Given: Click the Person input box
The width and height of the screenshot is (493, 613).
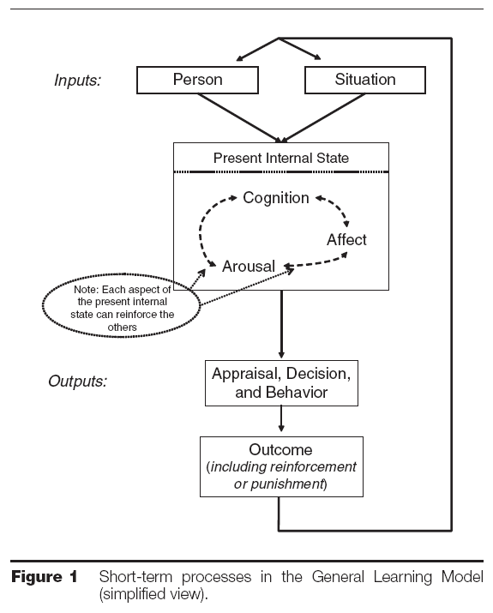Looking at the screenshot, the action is click(x=197, y=80).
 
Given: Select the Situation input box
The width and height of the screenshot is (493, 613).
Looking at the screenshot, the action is click(x=365, y=80).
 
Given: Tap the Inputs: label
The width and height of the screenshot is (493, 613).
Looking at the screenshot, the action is click(x=77, y=80).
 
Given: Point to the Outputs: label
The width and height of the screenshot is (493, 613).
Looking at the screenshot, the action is click(x=77, y=382).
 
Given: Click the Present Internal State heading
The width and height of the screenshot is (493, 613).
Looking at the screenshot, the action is click(x=281, y=158).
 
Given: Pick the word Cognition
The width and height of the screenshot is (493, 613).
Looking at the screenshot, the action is click(x=276, y=198).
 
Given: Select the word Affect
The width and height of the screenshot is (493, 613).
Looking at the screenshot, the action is click(x=346, y=240).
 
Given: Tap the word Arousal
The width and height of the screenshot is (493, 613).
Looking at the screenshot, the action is click(x=249, y=267).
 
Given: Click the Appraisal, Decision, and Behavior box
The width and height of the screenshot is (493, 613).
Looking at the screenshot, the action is click(x=281, y=383).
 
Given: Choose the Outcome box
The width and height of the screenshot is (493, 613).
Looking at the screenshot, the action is click(x=281, y=466).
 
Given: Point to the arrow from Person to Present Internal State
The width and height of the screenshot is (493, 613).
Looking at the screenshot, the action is click(x=239, y=117).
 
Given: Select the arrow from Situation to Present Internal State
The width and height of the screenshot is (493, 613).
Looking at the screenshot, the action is click(x=323, y=117).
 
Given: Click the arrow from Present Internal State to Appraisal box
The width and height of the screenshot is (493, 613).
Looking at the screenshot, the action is click(x=281, y=324).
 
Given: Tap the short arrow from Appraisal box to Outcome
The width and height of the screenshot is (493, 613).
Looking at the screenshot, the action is click(x=281, y=418).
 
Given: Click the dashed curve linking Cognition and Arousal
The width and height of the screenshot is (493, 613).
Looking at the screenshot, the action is click(x=201, y=231).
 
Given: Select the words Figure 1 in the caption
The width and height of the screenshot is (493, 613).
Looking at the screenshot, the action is click(x=45, y=577).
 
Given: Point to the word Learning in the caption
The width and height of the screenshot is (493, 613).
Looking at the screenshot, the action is click(x=402, y=577).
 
